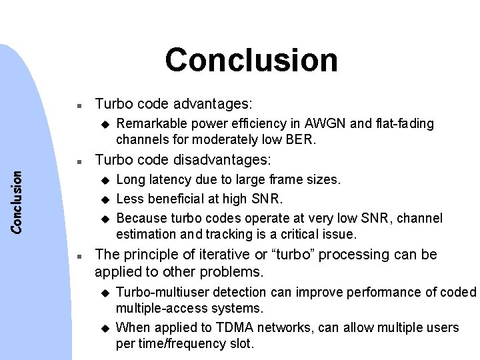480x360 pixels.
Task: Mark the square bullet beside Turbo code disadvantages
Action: coord(79,161)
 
